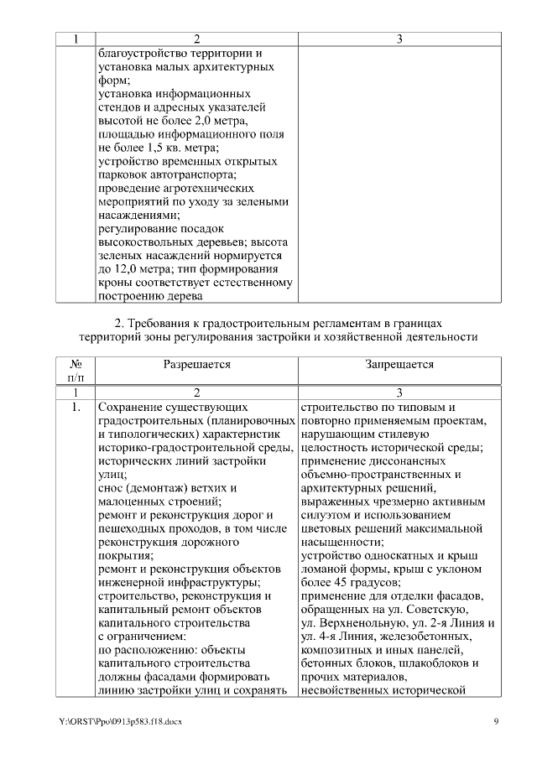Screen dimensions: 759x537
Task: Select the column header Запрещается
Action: [399, 365]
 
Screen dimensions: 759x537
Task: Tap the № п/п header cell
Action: [76, 372]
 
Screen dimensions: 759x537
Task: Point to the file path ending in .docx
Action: [109, 721]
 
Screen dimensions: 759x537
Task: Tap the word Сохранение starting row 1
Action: [137, 408]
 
